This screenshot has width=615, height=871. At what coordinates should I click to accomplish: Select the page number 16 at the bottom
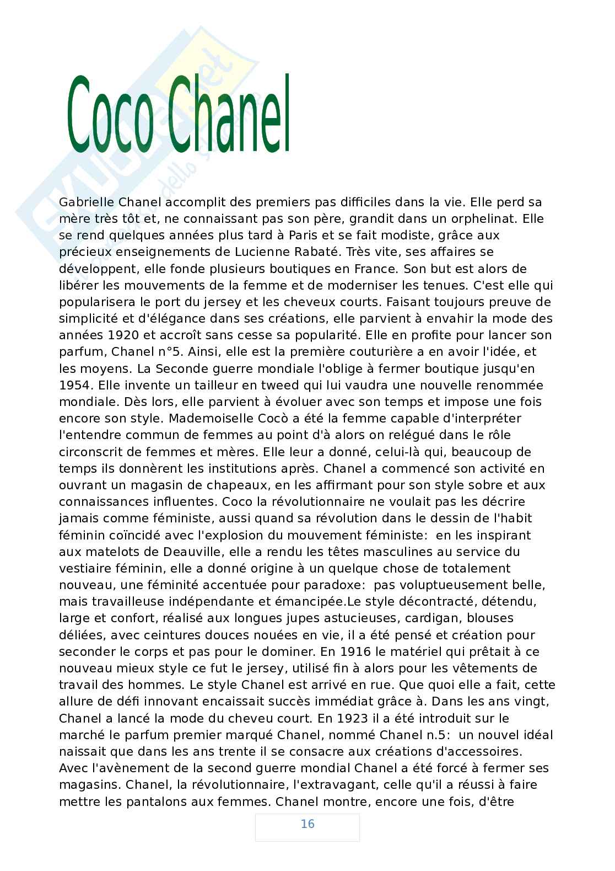click(x=307, y=824)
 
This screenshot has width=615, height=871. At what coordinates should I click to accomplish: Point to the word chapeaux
click(x=229, y=485)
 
